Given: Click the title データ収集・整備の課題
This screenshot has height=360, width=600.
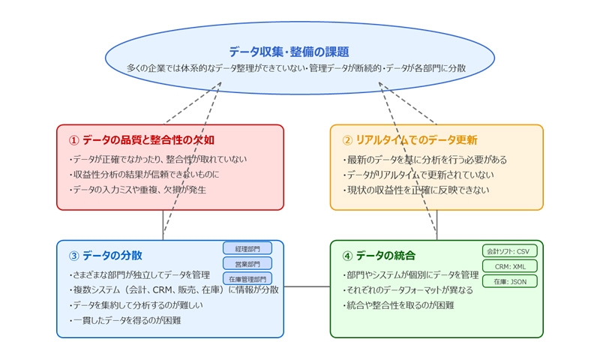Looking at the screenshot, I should [x=299, y=52].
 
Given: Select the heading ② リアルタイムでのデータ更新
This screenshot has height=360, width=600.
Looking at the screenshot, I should [x=409, y=140].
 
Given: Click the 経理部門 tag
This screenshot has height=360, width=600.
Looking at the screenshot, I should [x=247, y=248].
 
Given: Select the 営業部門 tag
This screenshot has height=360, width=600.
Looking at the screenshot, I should [x=247, y=263].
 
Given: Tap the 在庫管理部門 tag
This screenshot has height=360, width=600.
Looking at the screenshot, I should [x=247, y=278].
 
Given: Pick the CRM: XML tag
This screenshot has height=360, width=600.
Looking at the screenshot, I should [x=510, y=266].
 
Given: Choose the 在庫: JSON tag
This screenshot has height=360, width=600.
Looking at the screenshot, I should [x=510, y=281].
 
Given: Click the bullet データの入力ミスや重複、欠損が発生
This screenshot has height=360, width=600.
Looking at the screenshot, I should [x=137, y=190].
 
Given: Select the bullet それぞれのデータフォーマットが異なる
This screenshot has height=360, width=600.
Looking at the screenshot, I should [x=408, y=290].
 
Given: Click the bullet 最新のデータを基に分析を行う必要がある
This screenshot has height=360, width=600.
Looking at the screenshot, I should [x=424, y=160].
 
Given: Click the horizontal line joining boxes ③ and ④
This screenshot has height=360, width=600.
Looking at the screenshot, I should [x=307, y=286].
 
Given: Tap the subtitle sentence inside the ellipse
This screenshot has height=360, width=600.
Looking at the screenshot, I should [x=299, y=68].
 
